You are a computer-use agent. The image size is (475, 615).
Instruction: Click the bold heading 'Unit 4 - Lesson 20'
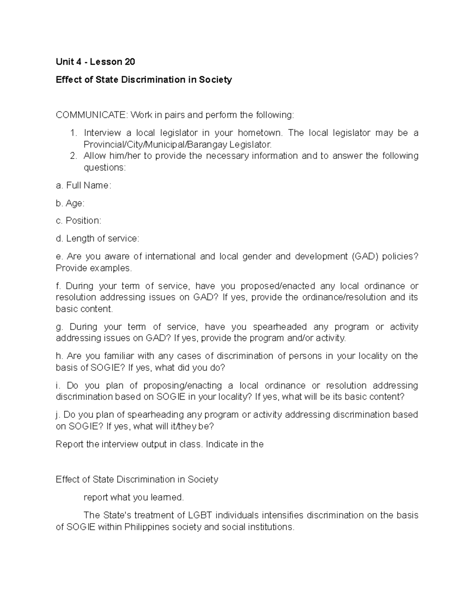pos(95,62)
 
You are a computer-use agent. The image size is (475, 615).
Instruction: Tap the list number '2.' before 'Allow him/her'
pos(73,156)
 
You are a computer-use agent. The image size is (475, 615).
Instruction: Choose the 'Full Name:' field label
pos(84,185)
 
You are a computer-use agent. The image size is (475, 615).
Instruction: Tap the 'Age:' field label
pos(70,203)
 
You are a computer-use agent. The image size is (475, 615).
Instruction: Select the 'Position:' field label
pos(78,221)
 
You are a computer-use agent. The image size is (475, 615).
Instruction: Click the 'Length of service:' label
pos(97,238)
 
